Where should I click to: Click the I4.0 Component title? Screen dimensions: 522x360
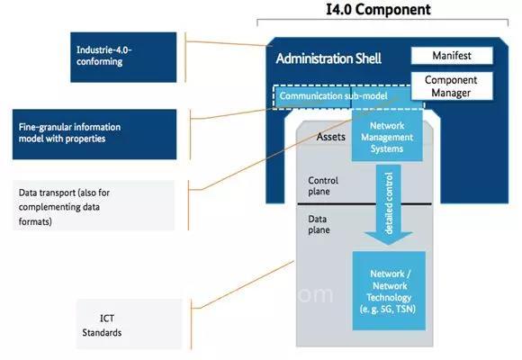[x=378, y=9]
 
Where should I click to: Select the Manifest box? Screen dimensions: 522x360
[x=452, y=55]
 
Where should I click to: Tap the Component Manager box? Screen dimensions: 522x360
[x=452, y=85]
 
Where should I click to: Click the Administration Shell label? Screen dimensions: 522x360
[x=328, y=58]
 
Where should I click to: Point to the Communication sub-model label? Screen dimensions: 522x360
[x=333, y=96]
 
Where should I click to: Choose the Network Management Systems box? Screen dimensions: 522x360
[x=387, y=137]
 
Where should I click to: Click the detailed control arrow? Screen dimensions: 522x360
[x=389, y=205]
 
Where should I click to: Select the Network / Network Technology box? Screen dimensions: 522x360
[x=389, y=291]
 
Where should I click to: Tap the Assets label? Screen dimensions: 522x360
[x=330, y=137]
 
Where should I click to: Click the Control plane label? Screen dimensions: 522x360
[x=323, y=185]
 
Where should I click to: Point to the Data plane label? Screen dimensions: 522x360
[x=319, y=224]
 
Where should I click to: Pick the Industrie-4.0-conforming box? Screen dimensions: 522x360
[x=123, y=57]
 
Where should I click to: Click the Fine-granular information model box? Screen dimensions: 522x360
[x=94, y=134]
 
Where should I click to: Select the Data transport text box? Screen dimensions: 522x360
[x=94, y=205]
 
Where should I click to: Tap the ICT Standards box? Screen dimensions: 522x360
[x=130, y=324]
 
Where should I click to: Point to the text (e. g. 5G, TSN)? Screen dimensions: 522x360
[x=388, y=309]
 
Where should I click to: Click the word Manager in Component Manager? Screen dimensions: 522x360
[x=451, y=93]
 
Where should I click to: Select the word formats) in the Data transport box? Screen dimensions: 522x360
[x=35, y=221]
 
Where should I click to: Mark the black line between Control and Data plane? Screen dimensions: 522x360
[x=364, y=203]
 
